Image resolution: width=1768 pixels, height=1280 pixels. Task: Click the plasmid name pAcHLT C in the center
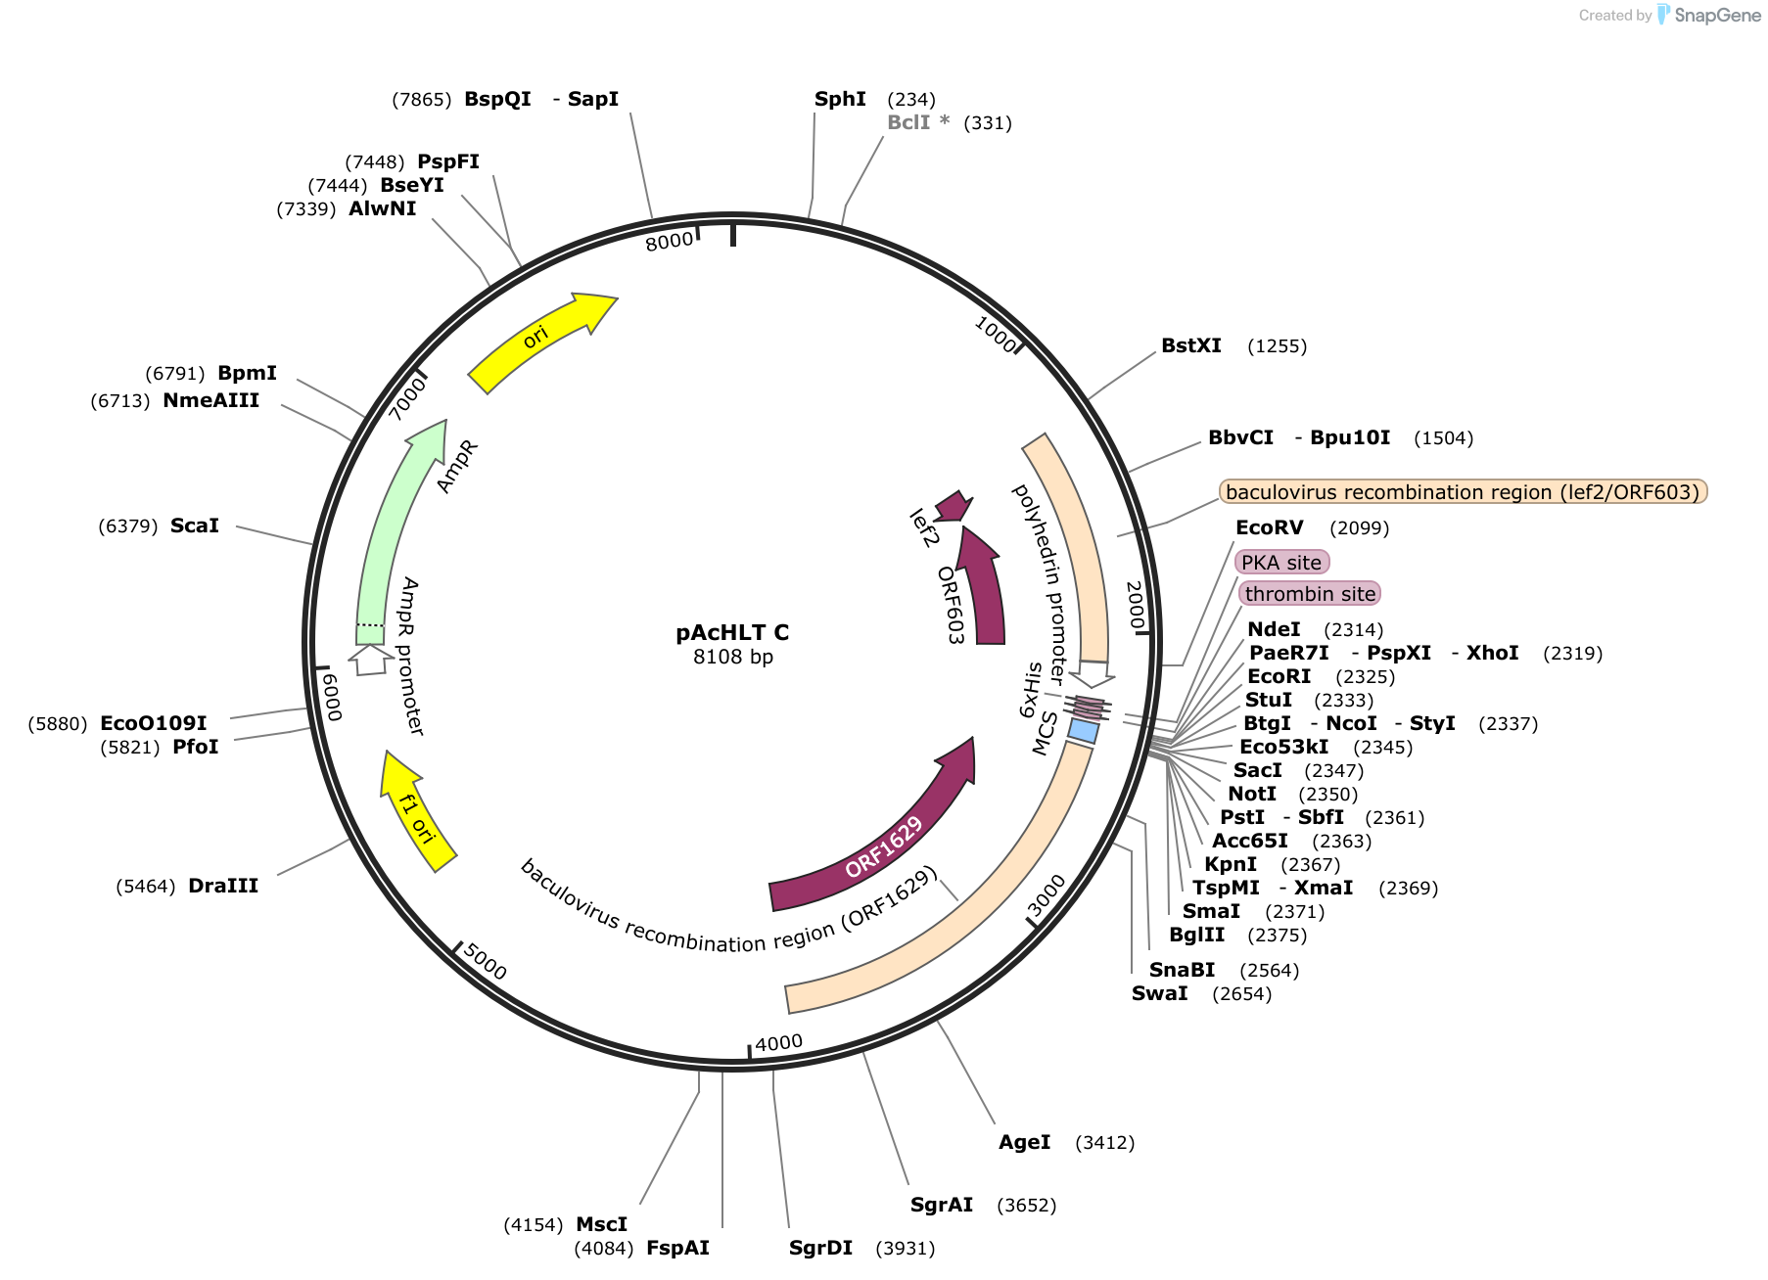coord(732,632)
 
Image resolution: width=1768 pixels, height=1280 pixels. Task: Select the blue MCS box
coord(1084,730)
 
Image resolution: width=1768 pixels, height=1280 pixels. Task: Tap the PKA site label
coord(1281,562)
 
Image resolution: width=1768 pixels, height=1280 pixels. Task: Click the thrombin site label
coord(1310,593)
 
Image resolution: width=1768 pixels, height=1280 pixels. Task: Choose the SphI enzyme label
coord(840,99)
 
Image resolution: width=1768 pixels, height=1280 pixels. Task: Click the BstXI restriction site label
coord(1191,345)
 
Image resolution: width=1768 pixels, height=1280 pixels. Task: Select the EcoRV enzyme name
coord(1270,527)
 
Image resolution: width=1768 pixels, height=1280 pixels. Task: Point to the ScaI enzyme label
coord(195,526)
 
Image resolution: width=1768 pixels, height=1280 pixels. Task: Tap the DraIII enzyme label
coord(223,886)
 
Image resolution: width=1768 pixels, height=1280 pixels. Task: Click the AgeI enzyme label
coord(1024,1142)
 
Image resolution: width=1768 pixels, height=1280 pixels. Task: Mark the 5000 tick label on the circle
coord(485,961)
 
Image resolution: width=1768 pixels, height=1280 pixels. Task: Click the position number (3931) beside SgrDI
coord(906,1248)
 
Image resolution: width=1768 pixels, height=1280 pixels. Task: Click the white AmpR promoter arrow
coord(370,660)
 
